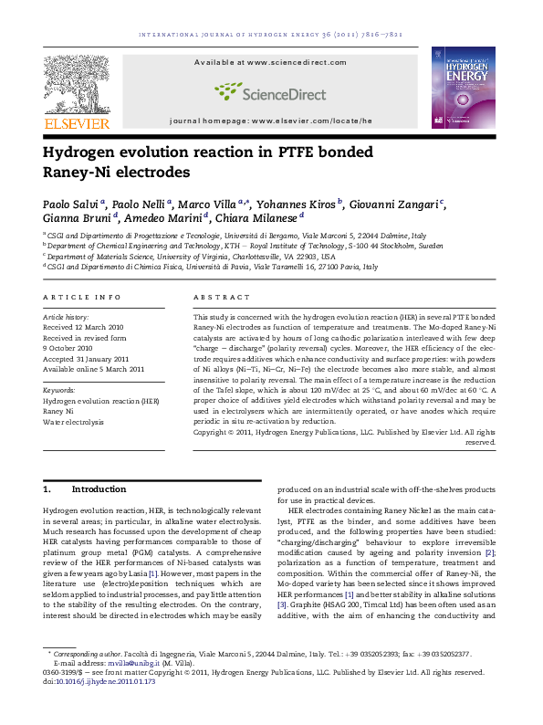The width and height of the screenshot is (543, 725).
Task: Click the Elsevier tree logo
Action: pos(75,84)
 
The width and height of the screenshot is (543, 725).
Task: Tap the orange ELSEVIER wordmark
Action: pos(77,123)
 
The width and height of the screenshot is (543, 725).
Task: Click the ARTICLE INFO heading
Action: pos(82,298)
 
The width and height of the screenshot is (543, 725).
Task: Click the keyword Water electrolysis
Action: pos(74,422)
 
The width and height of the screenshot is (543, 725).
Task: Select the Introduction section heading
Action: pos(99,489)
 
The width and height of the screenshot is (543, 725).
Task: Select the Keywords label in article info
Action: pos(59,390)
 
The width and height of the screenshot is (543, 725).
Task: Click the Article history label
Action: pos(66,316)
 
